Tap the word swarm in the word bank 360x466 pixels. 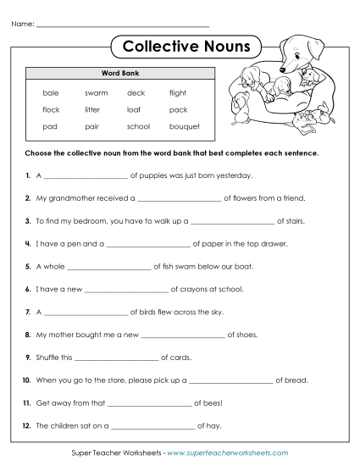click(96, 92)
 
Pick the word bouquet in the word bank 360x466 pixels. click(184, 126)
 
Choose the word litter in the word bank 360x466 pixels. click(92, 109)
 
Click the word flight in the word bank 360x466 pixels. click(177, 92)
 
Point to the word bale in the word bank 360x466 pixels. click(51, 92)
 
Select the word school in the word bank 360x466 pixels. click(138, 126)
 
